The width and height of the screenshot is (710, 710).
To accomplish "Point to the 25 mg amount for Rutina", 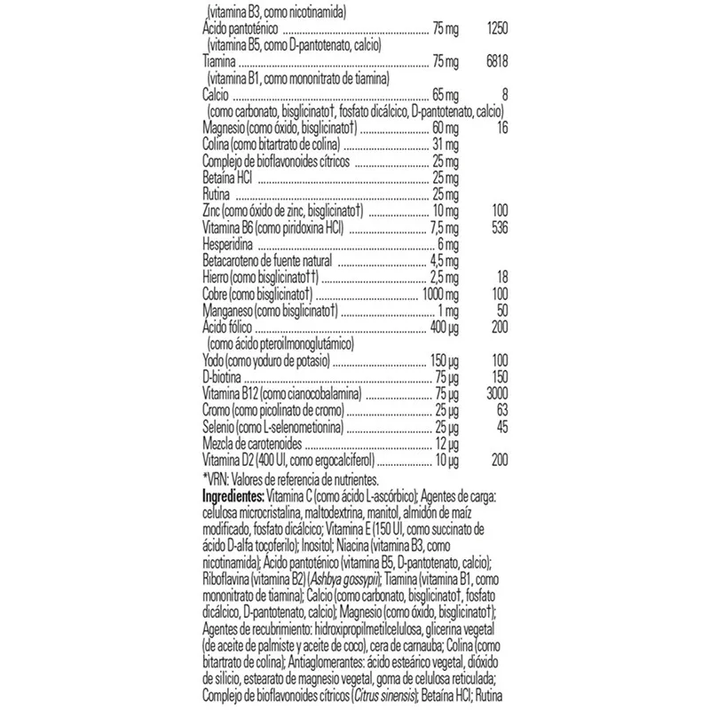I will point(444,194).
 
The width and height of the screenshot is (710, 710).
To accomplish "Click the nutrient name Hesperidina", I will point(228,243).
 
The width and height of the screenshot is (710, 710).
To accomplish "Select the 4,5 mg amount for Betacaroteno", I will point(443,260).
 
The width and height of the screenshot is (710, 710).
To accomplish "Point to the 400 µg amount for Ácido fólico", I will point(442,327).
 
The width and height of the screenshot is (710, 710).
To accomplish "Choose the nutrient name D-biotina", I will point(223,378).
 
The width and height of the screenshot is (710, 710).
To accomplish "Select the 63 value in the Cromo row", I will point(496,412).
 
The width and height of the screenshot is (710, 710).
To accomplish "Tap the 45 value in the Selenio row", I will point(496,429).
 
